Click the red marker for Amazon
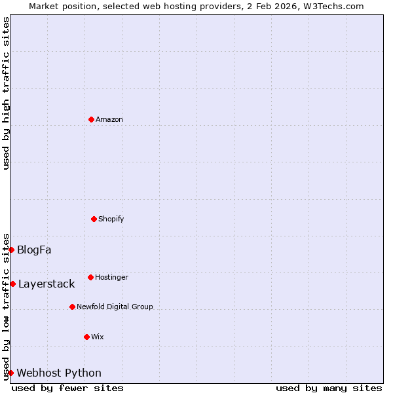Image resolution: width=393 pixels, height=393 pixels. [91, 119]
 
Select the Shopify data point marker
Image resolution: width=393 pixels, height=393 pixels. [94, 219]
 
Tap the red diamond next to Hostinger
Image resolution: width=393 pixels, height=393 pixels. [90, 277]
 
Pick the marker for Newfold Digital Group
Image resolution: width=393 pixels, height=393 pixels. [72, 307]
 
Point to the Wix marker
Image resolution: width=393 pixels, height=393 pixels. [86, 337]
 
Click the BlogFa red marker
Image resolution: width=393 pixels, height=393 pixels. [11, 250]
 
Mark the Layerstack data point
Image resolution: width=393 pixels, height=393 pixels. [12, 284]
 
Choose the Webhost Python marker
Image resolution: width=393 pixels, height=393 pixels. [10, 373]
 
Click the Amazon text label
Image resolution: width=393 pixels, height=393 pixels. [109, 119]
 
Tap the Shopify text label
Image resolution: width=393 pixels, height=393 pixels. [111, 219]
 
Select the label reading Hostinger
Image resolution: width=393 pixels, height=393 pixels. [111, 277]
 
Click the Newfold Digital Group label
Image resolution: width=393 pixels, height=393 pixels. [115, 307]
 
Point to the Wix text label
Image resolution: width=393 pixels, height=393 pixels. [98, 337]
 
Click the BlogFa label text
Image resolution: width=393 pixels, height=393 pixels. [34, 250]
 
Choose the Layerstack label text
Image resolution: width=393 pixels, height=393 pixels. [47, 284]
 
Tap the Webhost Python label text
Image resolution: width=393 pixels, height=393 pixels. [59, 373]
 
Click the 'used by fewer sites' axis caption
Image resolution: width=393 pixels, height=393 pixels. [67, 388]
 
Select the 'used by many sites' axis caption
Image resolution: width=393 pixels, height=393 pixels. [329, 388]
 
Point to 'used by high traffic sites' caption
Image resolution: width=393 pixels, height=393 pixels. [6, 93]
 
